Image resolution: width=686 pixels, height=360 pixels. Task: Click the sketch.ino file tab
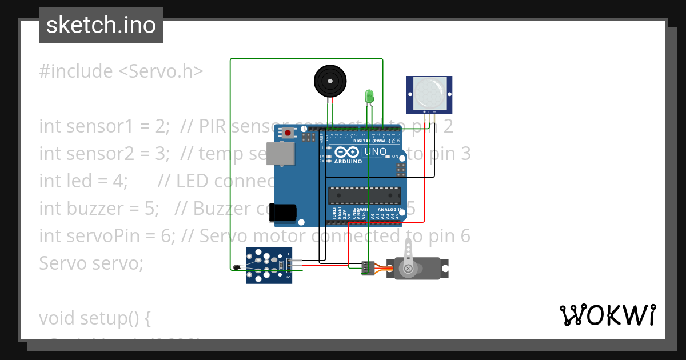coord(101,25)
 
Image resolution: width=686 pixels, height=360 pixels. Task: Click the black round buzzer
coord(330,81)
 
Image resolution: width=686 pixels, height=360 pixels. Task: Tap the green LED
coord(369,95)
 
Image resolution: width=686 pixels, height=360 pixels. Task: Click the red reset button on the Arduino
coord(288,133)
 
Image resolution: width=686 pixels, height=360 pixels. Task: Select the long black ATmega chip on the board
coord(364,195)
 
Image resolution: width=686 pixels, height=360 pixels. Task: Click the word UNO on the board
coord(375,151)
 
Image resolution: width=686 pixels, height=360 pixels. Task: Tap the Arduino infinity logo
coord(347,152)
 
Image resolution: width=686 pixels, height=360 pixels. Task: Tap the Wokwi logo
coord(607,315)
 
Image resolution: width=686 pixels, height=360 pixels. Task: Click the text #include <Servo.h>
coord(121,71)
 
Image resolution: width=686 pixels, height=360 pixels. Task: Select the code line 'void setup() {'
coord(95,318)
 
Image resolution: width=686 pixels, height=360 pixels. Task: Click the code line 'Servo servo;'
coord(91,263)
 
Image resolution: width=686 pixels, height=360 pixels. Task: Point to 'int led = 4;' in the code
coord(83,181)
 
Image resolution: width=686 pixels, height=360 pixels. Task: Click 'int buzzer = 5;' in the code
coord(99,209)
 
